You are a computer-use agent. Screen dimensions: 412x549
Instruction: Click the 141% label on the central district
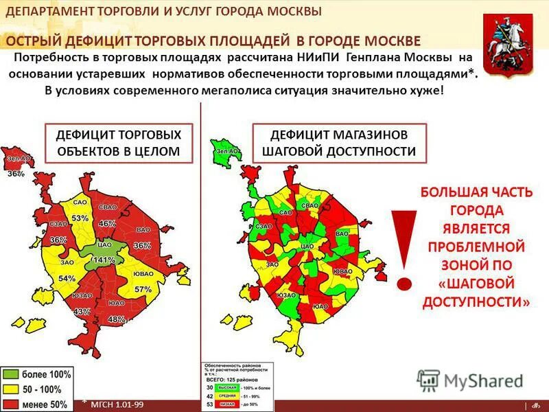103,260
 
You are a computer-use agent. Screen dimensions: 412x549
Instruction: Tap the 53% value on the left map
80,218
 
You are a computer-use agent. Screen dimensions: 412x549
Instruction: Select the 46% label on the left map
107,224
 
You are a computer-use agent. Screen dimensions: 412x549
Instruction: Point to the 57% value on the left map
143,289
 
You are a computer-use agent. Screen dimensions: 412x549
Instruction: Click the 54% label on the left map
67,279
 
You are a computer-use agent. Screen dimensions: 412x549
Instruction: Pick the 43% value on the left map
82,312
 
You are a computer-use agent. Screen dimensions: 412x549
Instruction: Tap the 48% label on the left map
117,319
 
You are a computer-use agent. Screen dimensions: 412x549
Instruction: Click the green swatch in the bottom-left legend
12,375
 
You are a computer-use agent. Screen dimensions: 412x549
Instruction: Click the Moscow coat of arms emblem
507,45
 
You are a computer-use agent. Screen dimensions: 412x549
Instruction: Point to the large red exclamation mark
404,247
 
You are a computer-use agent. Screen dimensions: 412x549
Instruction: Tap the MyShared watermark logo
470,380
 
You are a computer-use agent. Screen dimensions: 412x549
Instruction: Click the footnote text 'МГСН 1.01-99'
117,404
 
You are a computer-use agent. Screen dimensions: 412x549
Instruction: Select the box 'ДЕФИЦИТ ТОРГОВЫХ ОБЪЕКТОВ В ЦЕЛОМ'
118,143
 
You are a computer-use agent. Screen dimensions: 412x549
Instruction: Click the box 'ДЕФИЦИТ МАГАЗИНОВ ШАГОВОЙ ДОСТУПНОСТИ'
340,143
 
